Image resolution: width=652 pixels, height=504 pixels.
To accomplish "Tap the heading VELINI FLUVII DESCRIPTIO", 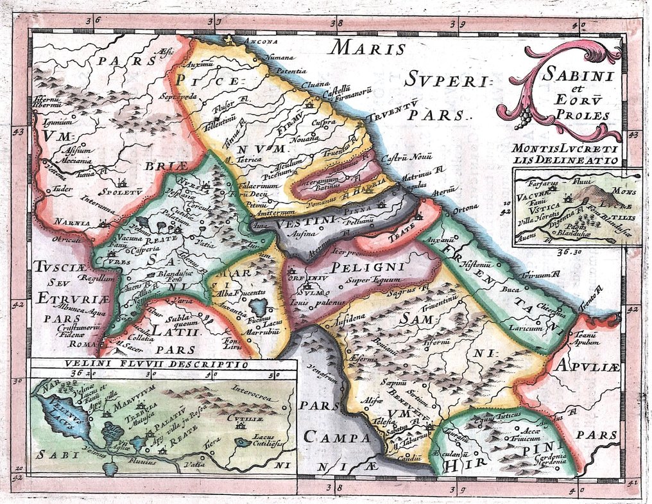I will point(155,363).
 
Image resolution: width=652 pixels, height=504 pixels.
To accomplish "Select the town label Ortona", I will point(465,207).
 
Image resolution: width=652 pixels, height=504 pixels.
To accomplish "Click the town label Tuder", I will point(63,189).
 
